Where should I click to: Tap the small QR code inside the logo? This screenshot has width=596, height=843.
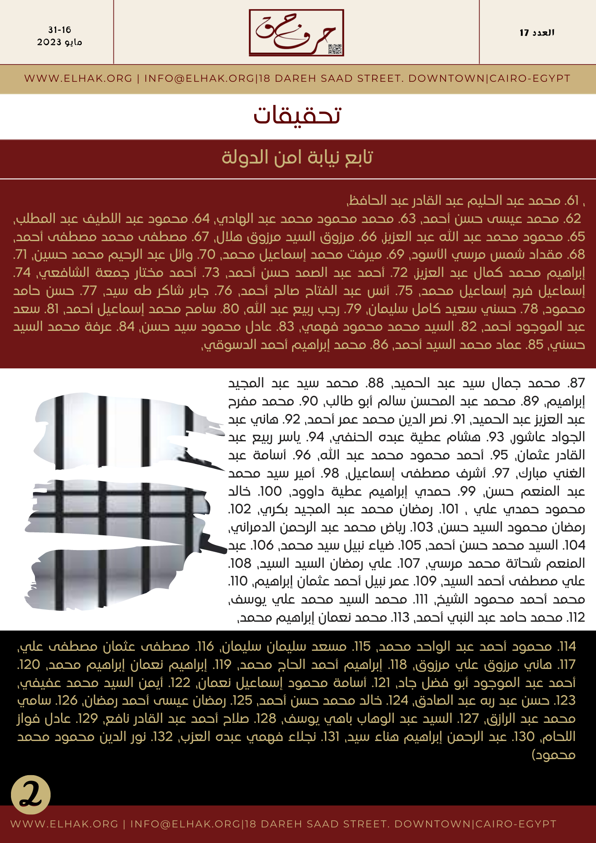(x=335, y=49)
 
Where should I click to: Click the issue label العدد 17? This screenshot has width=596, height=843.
(x=537, y=32)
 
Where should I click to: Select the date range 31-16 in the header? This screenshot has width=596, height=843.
(x=59, y=30)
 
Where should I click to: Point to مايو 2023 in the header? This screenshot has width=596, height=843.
(x=59, y=42)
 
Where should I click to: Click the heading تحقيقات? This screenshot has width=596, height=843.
(x=297, y=115)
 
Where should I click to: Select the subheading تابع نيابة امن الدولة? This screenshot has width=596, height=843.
(x=297, y=157)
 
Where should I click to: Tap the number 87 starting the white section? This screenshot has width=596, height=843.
(x=576, y=383)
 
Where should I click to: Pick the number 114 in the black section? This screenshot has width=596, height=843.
(x=566, y=647)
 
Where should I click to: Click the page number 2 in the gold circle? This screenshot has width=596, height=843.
(x=31, y=795)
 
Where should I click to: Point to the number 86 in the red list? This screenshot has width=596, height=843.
(x=379, y=345)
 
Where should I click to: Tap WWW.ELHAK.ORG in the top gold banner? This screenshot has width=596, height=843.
(x=78, y=78)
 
